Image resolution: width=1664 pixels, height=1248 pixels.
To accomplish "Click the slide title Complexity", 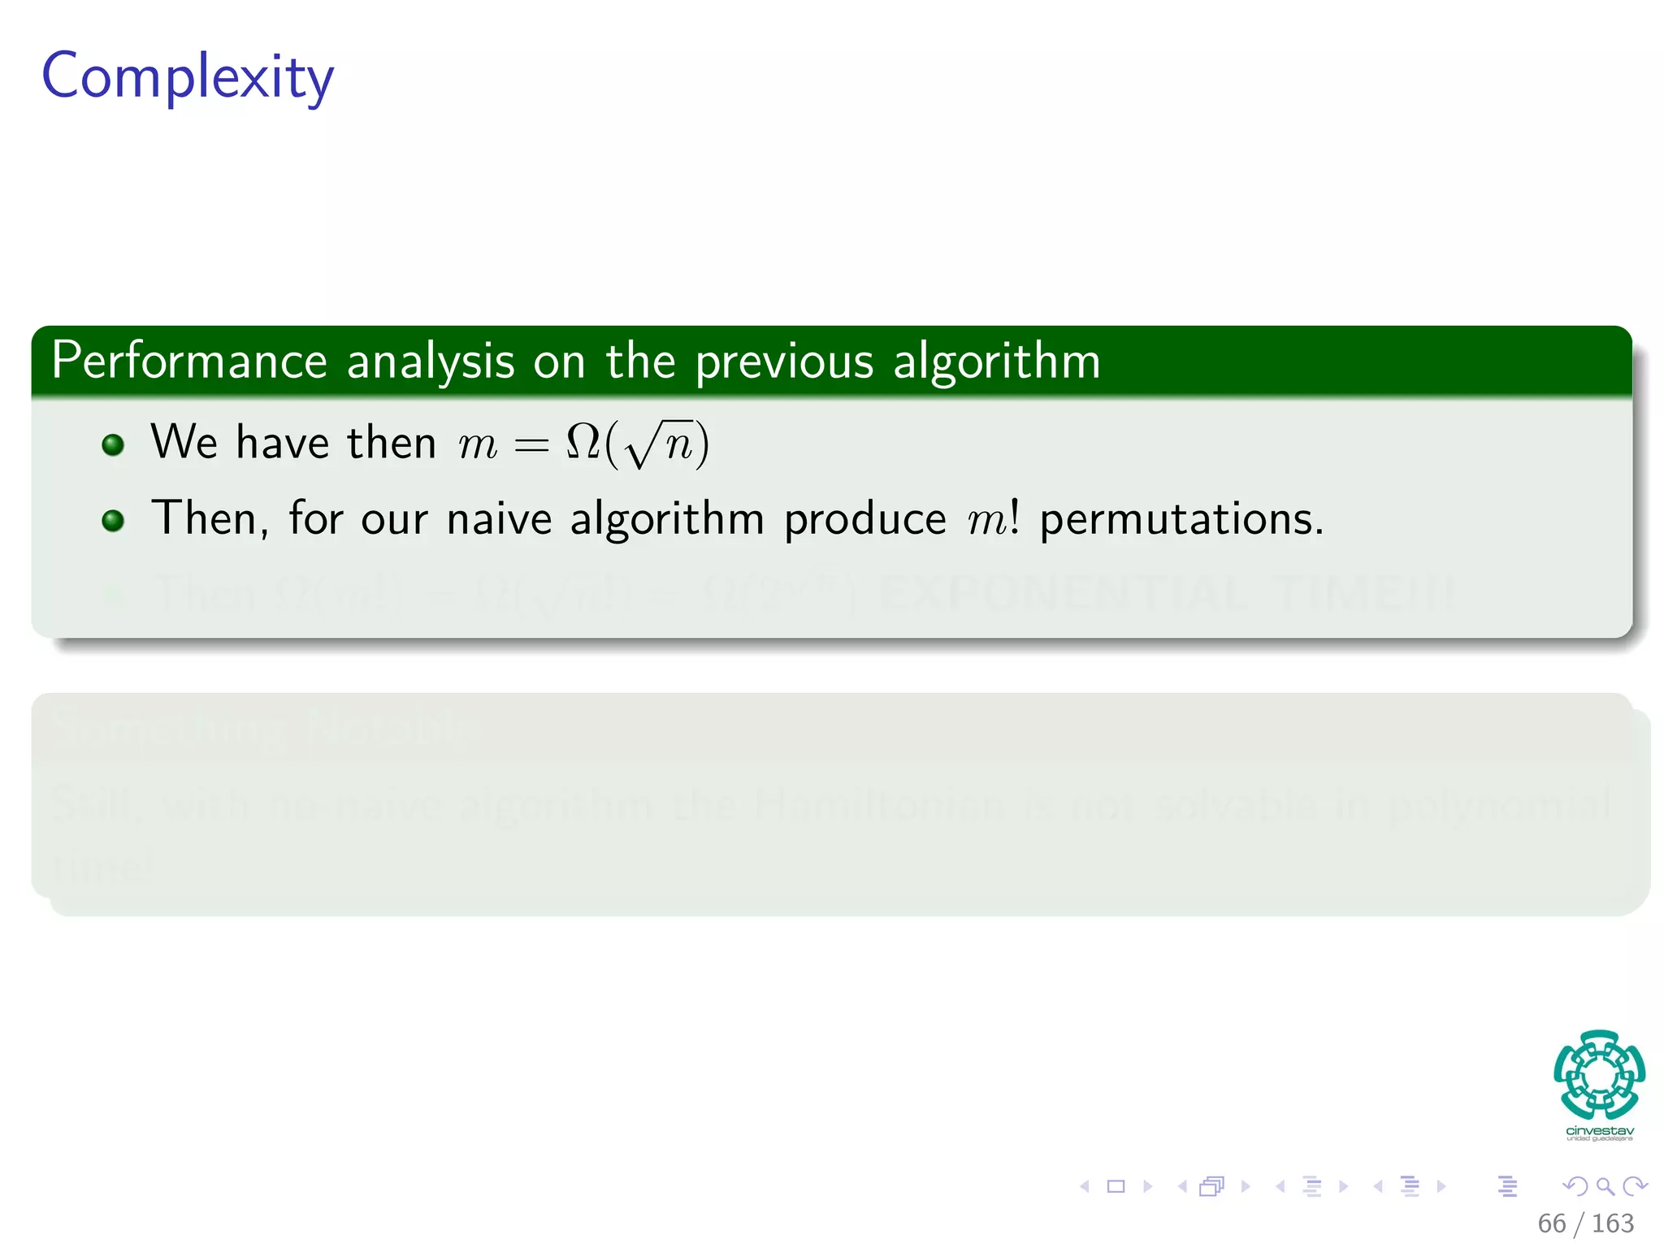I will [188, 76].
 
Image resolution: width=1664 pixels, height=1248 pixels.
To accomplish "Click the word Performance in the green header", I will [188, 361].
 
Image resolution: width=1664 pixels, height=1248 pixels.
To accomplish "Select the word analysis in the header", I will [431, 362].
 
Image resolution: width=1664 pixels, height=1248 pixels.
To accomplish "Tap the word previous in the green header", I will [783, 362].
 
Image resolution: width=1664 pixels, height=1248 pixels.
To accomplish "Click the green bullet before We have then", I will [113, 444].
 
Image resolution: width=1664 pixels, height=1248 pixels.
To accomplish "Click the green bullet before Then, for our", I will [113, 520].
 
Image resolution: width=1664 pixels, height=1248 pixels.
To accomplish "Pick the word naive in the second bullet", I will [499, 519].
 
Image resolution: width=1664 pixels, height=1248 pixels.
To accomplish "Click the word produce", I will [864, 520].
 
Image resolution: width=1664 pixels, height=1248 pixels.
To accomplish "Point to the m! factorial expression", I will [993, 519].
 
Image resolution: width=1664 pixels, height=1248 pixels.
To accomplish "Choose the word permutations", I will [1181, 520].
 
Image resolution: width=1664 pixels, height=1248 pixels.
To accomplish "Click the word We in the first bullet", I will [184, 443].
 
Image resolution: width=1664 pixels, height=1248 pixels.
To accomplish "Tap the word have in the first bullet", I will [282, 443].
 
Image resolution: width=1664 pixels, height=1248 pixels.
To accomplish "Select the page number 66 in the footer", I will [1551, 1223].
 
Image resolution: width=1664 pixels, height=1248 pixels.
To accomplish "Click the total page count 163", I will [1612, 1223].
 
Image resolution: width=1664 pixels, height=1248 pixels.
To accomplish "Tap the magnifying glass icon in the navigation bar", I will [1605, 1186].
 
